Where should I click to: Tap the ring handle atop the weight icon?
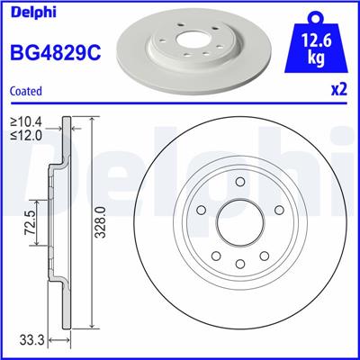pyautogui.click(x=316, y=13)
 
